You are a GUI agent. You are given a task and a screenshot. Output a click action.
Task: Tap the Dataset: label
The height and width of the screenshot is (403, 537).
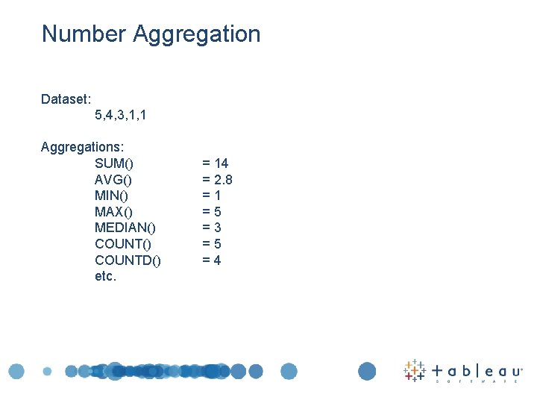(x=66, y=99)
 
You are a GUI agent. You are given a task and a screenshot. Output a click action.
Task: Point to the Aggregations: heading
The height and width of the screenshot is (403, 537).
(x=82, y=147)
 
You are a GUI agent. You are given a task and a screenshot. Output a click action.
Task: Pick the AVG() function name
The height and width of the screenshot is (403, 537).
(x=113, y=180)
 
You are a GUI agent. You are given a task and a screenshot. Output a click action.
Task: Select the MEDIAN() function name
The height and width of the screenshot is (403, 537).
(x=125, y=228)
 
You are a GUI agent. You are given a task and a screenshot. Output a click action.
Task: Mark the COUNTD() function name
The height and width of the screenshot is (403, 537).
(x=128, y=260)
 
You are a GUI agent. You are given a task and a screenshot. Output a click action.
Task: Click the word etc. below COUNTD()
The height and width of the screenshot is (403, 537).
(x=106, y=276)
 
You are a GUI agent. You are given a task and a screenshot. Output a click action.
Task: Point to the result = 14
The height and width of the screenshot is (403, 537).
(x=216, y=163)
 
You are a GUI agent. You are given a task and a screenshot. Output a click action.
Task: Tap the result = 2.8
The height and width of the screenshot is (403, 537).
(x=217, y=180)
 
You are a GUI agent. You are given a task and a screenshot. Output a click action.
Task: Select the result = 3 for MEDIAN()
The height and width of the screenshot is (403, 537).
(x=212, y=228)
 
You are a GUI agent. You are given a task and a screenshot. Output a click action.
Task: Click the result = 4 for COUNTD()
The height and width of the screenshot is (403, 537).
(x=212, y=260)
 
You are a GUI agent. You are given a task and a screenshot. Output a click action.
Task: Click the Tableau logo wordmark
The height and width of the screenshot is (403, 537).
(x=477, y=370)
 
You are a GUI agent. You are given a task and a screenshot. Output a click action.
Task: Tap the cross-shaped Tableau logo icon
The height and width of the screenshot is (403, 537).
(x=415, y=371)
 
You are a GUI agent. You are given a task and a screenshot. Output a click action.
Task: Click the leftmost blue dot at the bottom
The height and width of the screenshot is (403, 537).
(x=16, y=371)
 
